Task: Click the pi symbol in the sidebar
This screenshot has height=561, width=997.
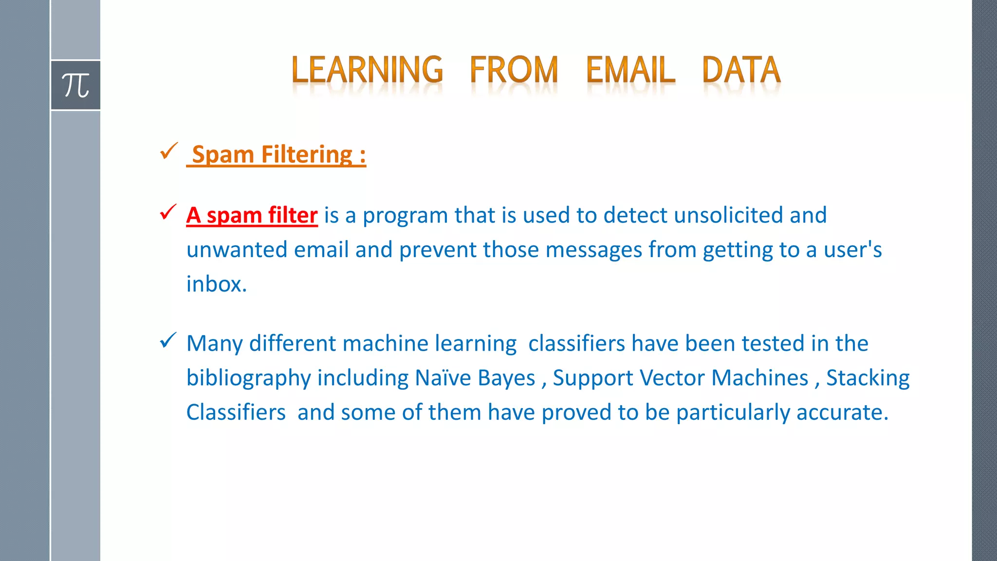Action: pyautogui.click(x=75, y=85)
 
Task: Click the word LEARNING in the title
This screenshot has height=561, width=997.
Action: pyautogui.click(x=367, y=70)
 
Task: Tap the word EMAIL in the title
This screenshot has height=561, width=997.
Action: pyautogui.click(x=630, y=70)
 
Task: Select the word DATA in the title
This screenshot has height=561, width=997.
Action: pyautogui.click(x=741, y=70)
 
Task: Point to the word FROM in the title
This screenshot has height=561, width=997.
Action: pyautogui.click(x=514, y=70)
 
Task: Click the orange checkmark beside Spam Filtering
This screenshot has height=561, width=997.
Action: pyautogui.click(x=168, y=151)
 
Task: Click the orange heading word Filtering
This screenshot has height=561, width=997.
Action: pyautogui.click(x=307, y=155)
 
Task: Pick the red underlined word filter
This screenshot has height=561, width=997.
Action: pyautogui.click(x=293, y=215)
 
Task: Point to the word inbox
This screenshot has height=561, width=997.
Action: pyautogui.click(x=216, y=284)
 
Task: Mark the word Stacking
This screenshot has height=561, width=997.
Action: pyautogui.click(x=868, y=378)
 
